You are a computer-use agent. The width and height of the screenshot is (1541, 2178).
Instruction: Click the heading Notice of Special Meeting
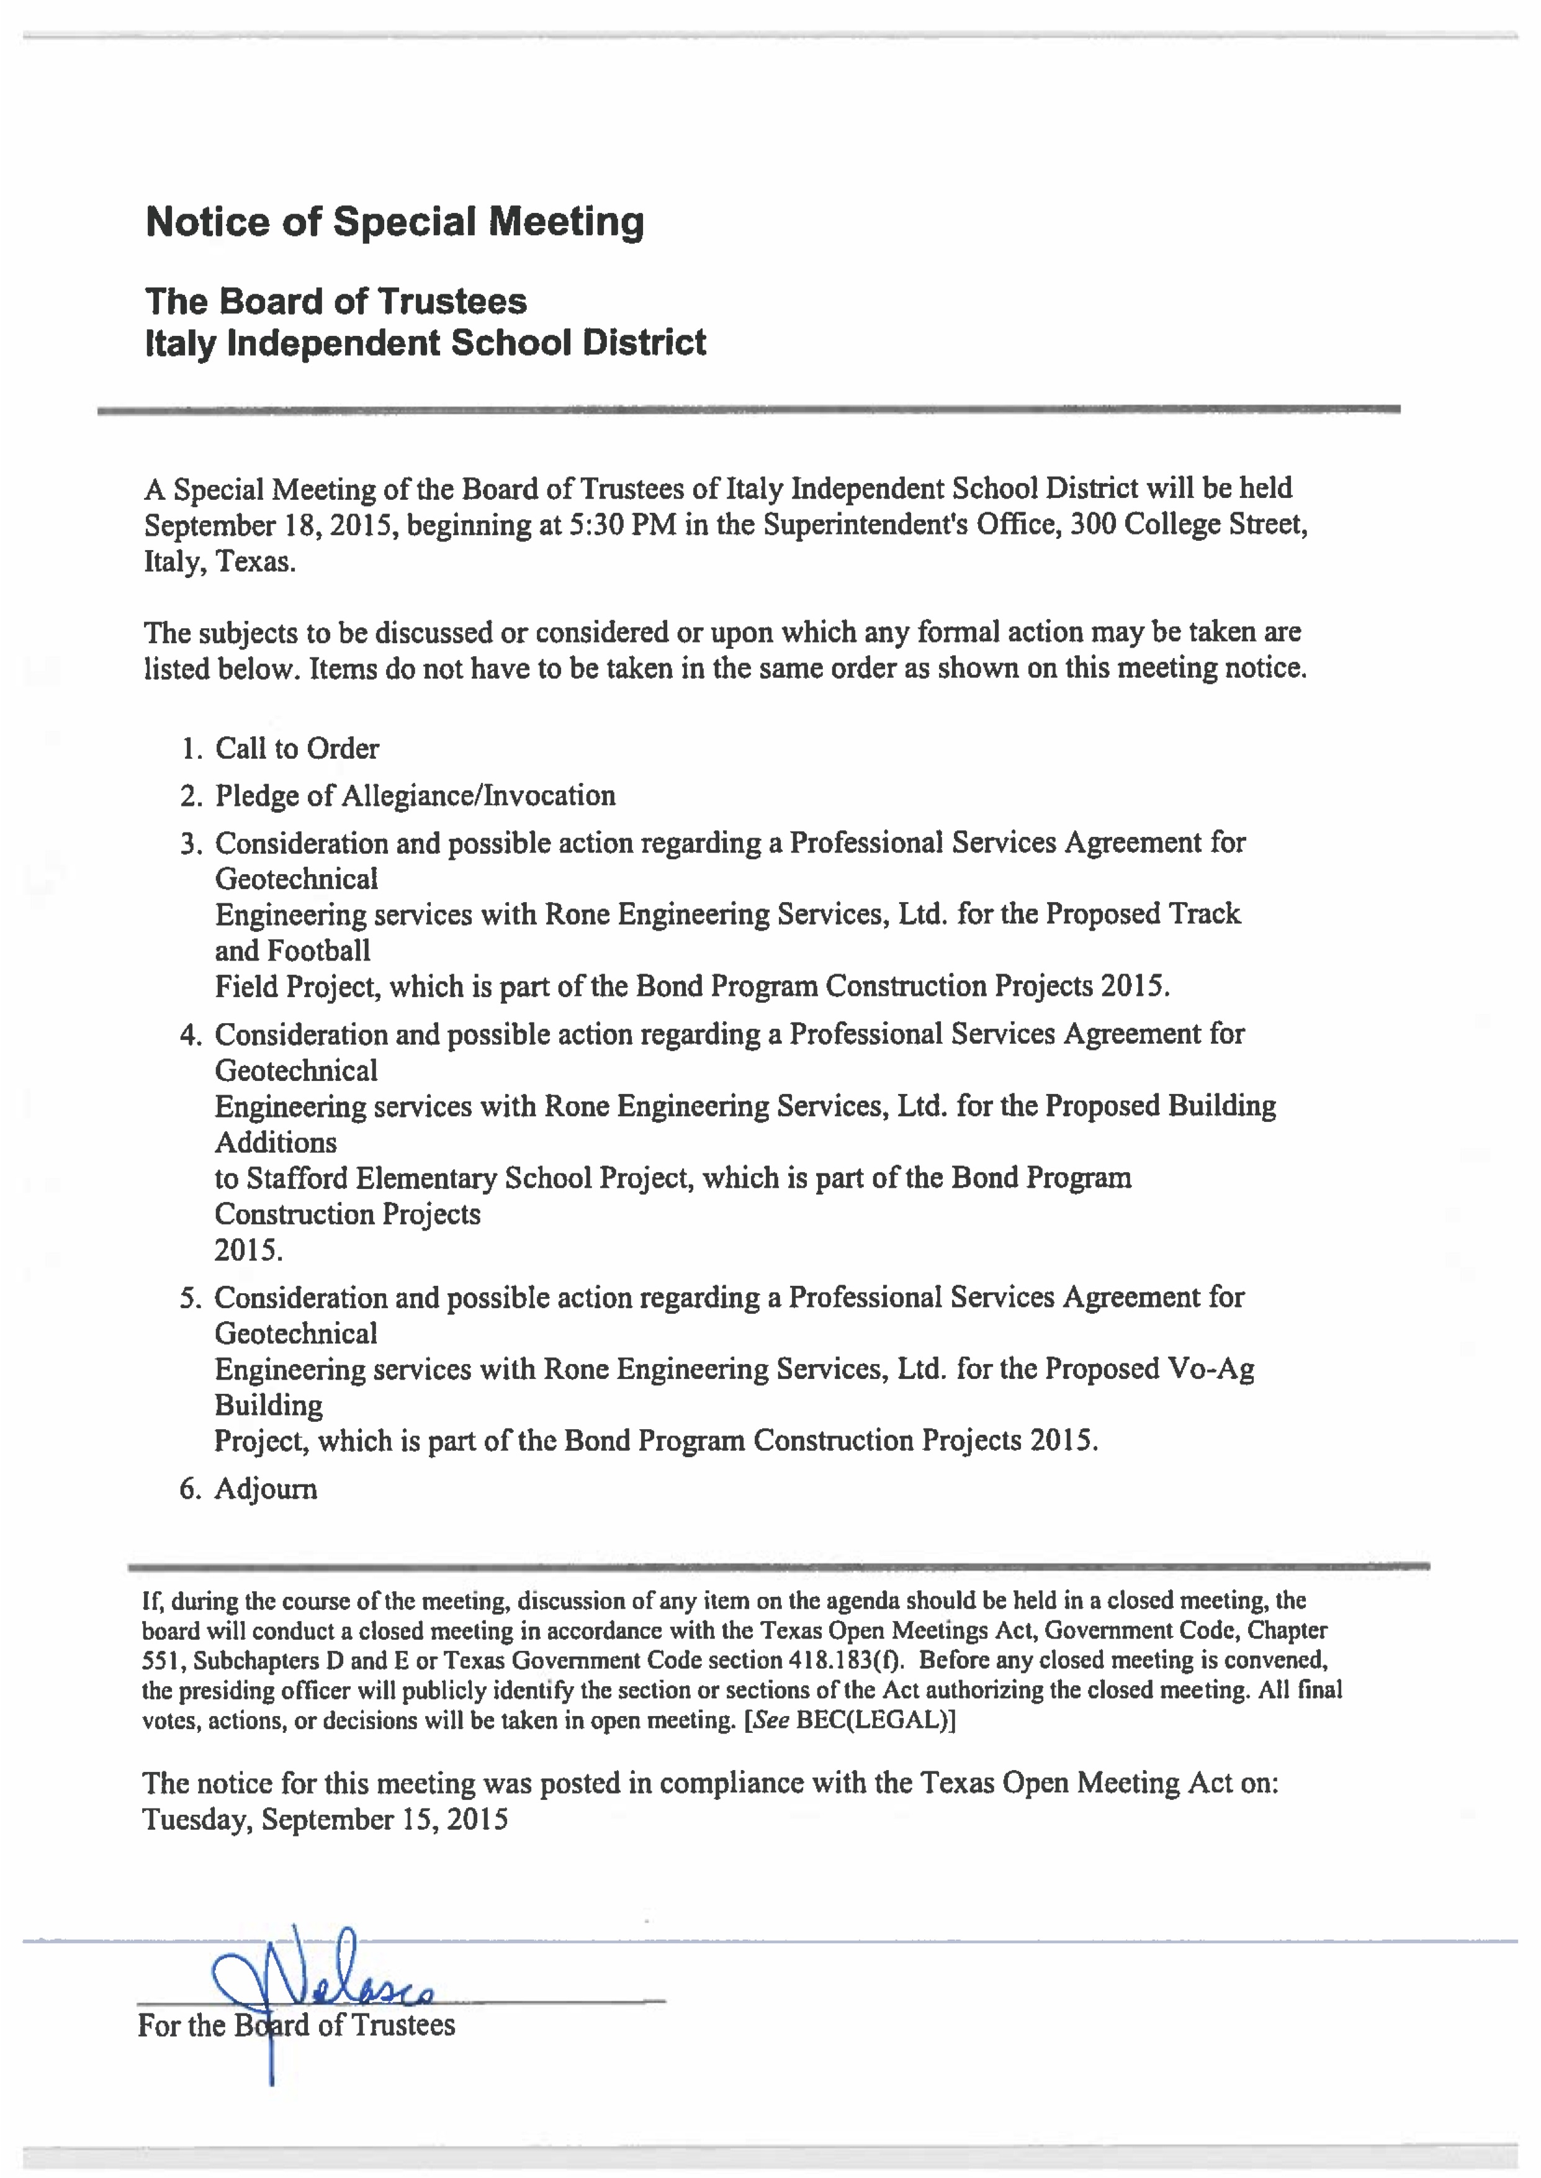click(395, 222)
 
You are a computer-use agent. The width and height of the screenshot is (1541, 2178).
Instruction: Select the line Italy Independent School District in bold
click(425, 343)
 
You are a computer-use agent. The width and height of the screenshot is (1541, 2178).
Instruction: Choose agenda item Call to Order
click(297, 749)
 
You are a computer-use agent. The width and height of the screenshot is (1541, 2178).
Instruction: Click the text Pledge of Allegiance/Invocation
click(415, 795)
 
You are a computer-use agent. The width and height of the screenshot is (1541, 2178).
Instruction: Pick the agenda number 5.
click(190, 1298)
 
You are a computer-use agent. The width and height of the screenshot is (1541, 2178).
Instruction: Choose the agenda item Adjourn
click(266, 1489)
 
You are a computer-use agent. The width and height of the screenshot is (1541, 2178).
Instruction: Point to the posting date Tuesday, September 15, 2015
click(325, 1819)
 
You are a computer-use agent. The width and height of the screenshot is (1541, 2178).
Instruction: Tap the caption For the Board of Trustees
click(296, 2025)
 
